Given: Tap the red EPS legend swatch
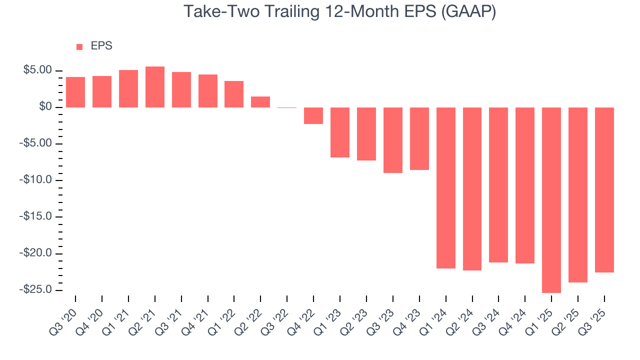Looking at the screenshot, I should pos(79,46).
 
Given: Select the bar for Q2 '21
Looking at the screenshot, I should pos(155,87).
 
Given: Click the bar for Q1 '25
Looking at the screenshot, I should pos(551,200).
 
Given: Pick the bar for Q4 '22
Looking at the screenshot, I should pos(313,115).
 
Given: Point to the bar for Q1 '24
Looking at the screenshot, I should pos(446,188).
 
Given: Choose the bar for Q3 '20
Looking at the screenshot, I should pos(75,92).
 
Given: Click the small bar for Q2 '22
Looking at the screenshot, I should pos(260,102).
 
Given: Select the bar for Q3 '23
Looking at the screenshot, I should pos(393,140).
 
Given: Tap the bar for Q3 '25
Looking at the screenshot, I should pos(604,190).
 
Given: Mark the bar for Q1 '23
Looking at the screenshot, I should pos(340,132).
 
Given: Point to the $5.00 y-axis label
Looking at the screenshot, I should pos(37,70).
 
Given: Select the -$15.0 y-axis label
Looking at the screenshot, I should pos(36,216).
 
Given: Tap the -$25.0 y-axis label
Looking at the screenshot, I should pos(36,289).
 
